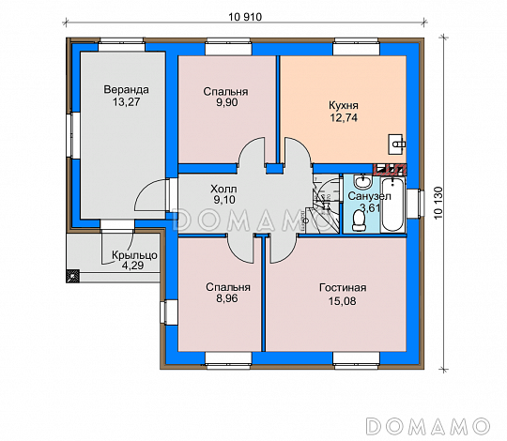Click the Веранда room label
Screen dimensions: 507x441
(x=126, y=89)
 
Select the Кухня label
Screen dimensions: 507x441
(x=344, y=106)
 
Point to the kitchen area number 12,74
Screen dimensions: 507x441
(x=344, y=117)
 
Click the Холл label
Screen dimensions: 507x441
(x=223, y=189)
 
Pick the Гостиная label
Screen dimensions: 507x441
(x=343, y=287)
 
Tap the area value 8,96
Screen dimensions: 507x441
(x=227, y=298)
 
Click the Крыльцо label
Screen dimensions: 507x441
(x=134, y=255)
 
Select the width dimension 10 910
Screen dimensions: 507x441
(x=245, y=17)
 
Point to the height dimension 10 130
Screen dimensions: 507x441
(x=438, y=203)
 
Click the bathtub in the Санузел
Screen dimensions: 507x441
(x=392, y=205)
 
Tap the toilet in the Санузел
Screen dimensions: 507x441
(x=358, y=221)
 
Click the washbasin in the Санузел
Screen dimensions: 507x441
(x=363, y=182)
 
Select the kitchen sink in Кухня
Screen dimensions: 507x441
(x=397, y=144)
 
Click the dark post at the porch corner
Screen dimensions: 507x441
(x=72, y=276)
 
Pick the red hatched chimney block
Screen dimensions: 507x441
(x=390, y=169)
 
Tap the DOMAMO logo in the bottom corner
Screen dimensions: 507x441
(x=428, y=425)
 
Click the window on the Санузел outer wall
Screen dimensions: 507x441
(x=415, y=204)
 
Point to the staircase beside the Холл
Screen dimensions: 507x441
(x=325, y=204)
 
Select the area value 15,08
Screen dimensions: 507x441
(x=343, y=301)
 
